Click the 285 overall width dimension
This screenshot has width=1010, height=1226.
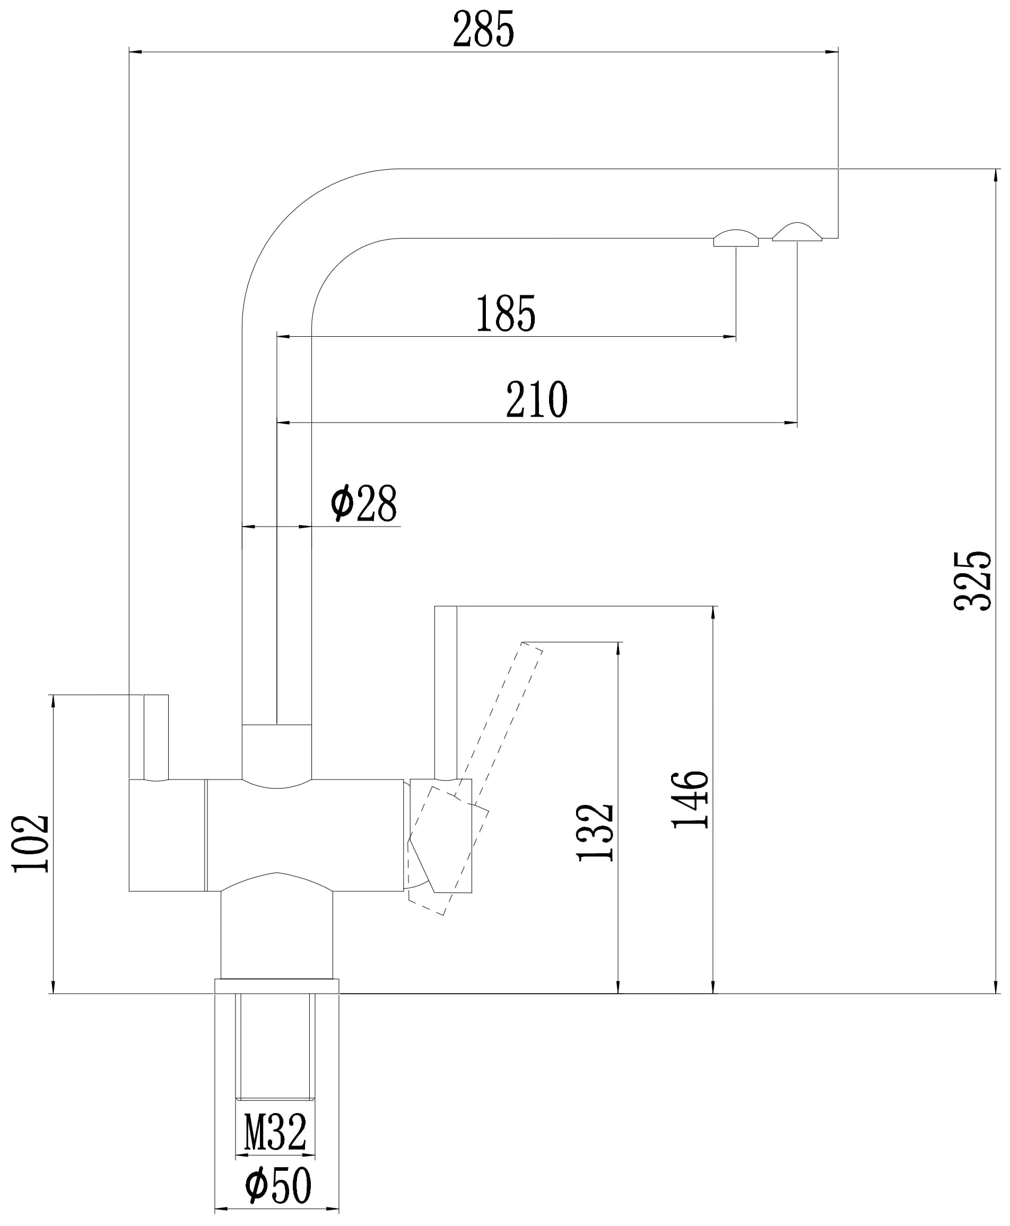tap(483, 29)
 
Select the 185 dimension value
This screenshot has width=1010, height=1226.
tap(506, 314)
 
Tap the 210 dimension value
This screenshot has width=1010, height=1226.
tap(536, 399)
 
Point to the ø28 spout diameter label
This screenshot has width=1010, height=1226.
tap(364, 503)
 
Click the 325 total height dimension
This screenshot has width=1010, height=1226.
tap(972, 581)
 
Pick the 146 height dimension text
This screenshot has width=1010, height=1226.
tap(690, 800)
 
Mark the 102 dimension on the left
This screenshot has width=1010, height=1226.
tap(30, 843)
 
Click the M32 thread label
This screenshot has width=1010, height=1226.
tap(275, 1132)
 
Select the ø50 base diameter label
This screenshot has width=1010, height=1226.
tap(278, 1186)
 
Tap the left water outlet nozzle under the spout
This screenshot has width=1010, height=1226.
tap(736, 239)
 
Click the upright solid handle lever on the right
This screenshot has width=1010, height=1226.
tap(446, 692)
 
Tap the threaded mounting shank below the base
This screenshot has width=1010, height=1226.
tap(275, 1047)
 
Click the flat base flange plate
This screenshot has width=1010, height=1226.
tap(277, 986)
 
